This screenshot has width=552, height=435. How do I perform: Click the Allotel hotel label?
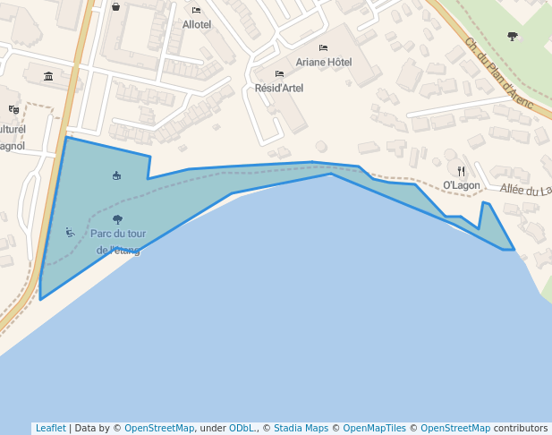pyautogui.click(x=197, y=25)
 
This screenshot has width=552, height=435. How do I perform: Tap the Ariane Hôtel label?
pyautogui.click(x=324, y=63)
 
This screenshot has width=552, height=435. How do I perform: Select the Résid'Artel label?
pyautogui.click(x=279, y=88)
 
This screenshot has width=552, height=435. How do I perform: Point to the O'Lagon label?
pyautogui.click(x=462, y=185)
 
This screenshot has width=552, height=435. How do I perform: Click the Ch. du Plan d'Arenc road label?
pyautogui.click(x=498, y=73)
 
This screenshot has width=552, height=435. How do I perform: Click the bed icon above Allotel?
pyautogui.click(x=197, y=11)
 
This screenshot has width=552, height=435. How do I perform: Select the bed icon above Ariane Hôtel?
pyautogui.click(x=324, y=48)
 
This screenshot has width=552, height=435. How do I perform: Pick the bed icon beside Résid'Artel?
pyautogui.click(x=279, y=73)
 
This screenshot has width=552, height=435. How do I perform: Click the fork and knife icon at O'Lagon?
pyautogui.click(x=462, y=170)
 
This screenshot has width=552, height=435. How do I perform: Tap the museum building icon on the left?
pyautogui.click(x=48, y=76)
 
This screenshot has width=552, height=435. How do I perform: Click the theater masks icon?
pyautogui.click(x=13, y=109)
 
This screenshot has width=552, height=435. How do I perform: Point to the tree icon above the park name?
pyautogui.click(x=117, y=218)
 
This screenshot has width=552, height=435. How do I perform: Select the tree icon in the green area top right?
pyautogui.click(x=512, y=36)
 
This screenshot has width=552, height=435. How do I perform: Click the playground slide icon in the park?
pyautogui.click(x=70, y=233)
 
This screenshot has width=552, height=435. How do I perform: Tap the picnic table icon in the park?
pyautogui.click(x=117, y=175)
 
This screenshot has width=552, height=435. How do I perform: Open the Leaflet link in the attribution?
pyautogui.click(x=50, y=429)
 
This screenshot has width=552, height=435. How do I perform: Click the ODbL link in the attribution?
pyautogui.click(x=243, y=429)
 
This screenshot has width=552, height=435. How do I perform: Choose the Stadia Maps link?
pyautogui.click(x=302, y=429)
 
